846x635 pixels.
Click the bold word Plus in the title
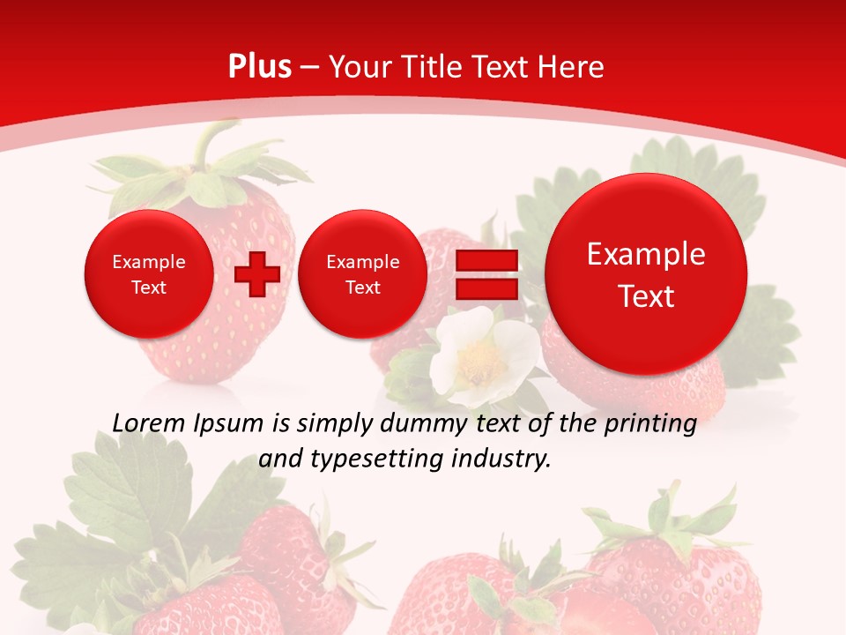(259, 67)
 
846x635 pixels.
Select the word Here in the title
(573, 67)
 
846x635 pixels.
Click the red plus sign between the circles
(256, 274)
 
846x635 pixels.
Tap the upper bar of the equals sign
(486, 260)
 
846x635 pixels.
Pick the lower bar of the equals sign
(486, 289)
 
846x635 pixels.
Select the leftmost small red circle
(148, 274)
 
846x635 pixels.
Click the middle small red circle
(362, 274)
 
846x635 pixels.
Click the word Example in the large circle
(646, 254)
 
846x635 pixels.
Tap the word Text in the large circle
(646, 296)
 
